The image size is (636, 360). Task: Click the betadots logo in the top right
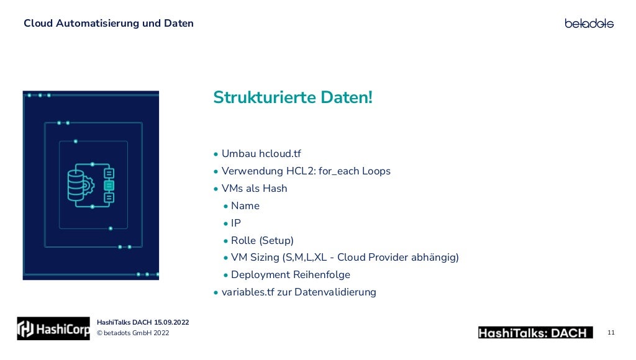pyautogui.click(x=589, y=24)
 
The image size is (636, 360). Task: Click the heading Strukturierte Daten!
pyautogui.click(x=293, y=98)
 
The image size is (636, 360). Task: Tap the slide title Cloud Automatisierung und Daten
pyautogui.click(x=109, y=24)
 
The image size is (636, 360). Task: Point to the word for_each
pyautogui.click(x=338, y=171)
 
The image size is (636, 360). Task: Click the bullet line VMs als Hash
pyautogui.click(x=254, y=189)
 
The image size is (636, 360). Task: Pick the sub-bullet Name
pyautogui.click(x=245, y=206)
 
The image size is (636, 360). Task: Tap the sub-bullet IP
pyautogui.click(x=236, y=223)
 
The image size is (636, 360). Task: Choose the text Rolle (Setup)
pyautogui.click(x=262, y=240)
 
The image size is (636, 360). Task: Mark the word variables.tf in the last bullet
pyautogui.click(x=247, y=292)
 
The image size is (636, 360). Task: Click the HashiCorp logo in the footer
pyautogui.click(x=53, y=329)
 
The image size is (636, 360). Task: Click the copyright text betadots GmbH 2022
pyautogui.click(x=136, y=333)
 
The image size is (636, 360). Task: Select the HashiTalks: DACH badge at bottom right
pyautogui.click(x=535, y=333)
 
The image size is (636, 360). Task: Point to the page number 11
pyautogui.click(x=611, y=333)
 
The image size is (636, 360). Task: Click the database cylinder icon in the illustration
pyautogui.click(x=77, y=184)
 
